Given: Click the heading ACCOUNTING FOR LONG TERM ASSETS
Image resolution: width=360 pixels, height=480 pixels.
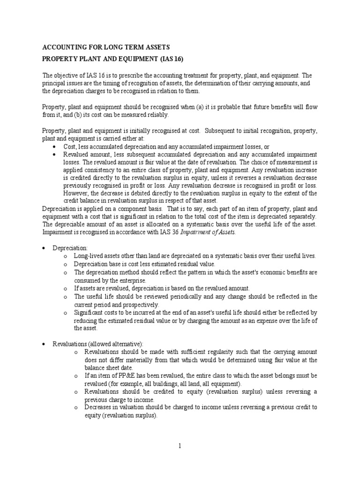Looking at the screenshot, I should pyautogui.click(x=106, y=47).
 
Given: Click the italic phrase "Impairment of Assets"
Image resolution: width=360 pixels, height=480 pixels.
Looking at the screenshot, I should pyautogui.click(x=212, y=232).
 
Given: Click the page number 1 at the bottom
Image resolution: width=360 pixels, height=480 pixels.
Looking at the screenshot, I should pyautogui.click(x=180, y=446).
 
